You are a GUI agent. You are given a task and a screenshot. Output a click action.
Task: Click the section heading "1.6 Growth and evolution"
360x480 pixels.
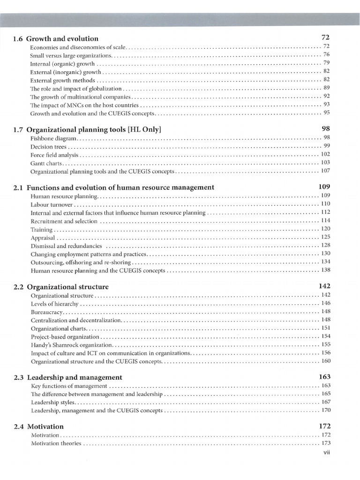56,38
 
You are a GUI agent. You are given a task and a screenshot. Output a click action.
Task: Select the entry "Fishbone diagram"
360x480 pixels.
53,138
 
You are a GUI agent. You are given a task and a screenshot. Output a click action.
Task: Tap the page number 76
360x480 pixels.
327,54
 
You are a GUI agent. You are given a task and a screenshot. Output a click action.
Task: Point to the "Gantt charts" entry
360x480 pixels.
46,163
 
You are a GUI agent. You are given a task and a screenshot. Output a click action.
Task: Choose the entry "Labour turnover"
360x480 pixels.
52,204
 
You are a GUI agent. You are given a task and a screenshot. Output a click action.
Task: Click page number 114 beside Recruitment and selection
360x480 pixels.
326,221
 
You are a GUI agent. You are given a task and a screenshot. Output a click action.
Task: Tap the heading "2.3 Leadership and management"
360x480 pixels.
68,377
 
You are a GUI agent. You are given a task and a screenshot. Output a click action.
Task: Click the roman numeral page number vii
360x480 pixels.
327,453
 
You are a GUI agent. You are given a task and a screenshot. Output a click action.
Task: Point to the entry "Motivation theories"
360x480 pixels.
56,443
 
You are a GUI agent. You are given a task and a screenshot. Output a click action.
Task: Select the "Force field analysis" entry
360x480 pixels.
54,155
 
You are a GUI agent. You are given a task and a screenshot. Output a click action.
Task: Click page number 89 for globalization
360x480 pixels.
327,88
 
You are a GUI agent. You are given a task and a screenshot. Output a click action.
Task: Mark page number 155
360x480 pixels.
326,345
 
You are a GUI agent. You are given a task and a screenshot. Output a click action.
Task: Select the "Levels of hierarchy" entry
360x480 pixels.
54,304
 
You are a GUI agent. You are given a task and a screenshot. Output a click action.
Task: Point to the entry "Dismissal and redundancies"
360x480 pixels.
66,246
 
